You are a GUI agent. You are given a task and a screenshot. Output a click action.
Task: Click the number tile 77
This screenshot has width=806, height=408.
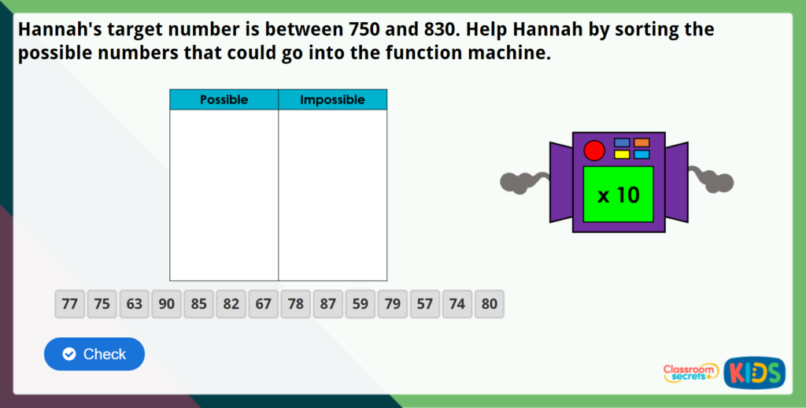click(70, 304)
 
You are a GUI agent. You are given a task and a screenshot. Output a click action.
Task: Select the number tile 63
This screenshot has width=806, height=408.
click(135, 304)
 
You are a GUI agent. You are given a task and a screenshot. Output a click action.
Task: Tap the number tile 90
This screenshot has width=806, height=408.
click(167, 304)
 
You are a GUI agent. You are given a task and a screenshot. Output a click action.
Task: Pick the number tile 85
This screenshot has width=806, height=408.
click(199, 304)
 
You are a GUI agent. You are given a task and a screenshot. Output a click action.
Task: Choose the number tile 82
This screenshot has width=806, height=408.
click(231, 304)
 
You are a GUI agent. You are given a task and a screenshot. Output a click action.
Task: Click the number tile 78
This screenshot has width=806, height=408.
click(296, 304)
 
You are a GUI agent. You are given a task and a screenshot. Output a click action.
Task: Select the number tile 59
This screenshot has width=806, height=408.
click(360, 304)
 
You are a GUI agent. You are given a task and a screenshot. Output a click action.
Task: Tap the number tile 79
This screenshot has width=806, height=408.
click(393, 304)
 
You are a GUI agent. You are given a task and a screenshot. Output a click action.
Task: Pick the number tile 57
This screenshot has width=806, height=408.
click(425, 304)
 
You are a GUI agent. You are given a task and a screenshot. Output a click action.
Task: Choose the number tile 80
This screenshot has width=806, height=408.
click(490, 304)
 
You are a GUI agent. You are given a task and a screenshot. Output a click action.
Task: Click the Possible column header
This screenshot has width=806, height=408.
click(224, 100)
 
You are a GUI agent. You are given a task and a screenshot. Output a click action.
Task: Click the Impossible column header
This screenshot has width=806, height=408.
click(332, 100)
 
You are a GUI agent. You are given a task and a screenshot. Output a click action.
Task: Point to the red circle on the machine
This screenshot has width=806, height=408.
click(594, 150)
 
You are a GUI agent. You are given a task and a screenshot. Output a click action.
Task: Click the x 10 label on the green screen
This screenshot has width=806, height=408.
click(619, 195)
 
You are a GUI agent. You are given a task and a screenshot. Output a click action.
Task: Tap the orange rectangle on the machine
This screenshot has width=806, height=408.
click(641, 143)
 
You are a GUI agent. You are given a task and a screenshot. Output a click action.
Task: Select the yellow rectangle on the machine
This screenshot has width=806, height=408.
click(622, 154)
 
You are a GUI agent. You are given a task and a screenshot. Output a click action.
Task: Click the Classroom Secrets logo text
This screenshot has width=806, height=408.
click(690, 373)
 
